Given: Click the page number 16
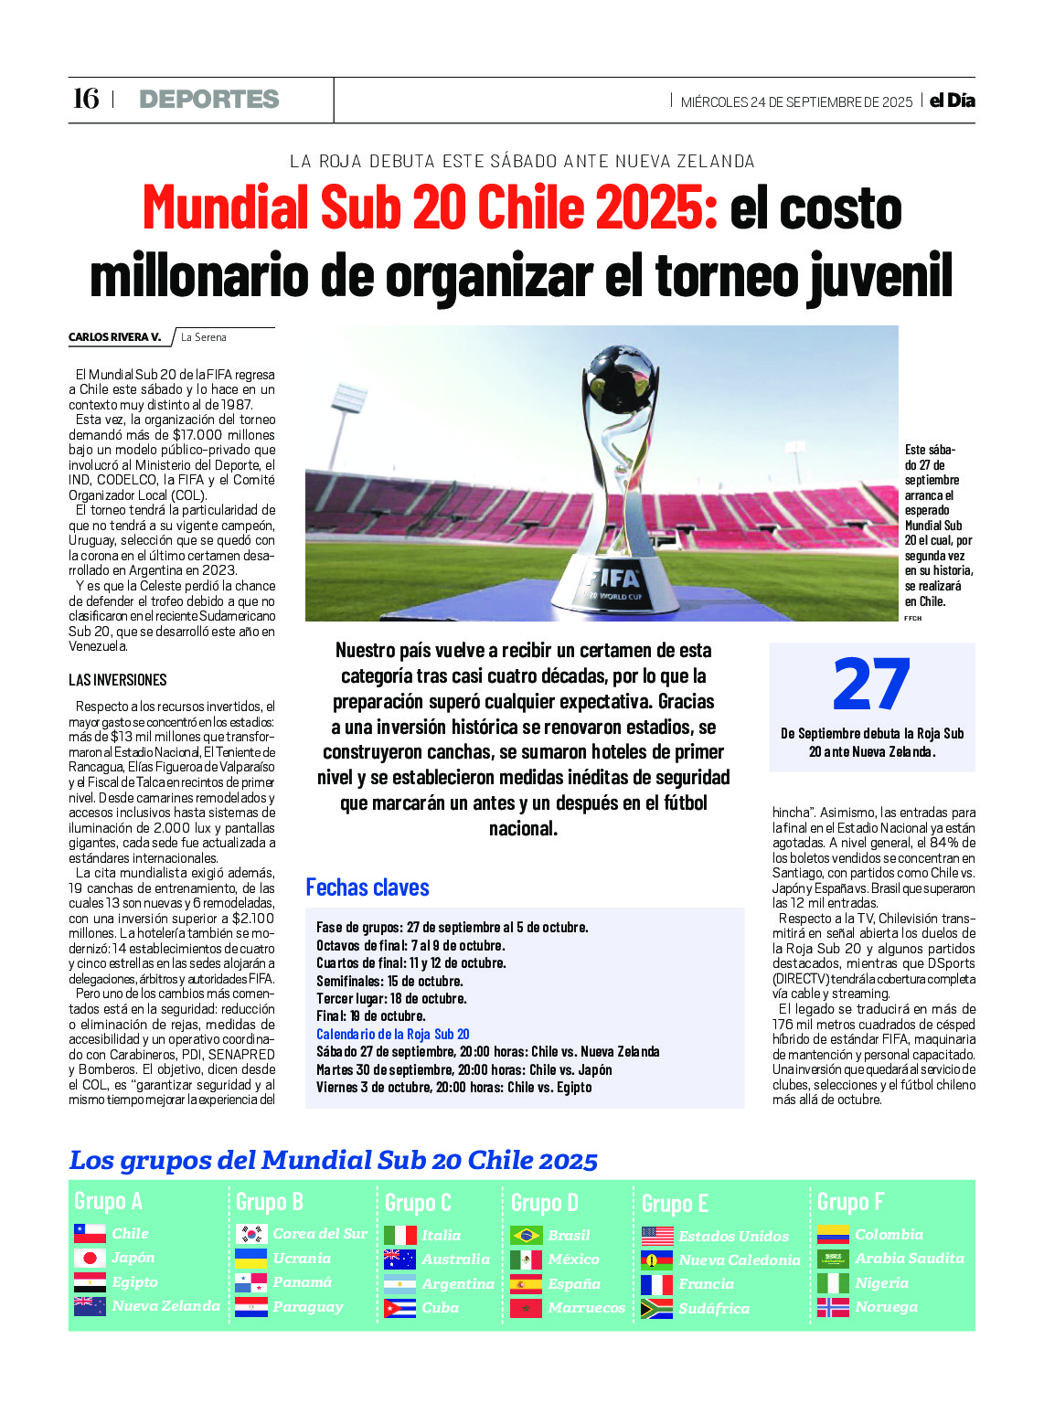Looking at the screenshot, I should (x=85, y=99).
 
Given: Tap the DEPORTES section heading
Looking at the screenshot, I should (x=209, y=100).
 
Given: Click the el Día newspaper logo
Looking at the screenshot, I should (x=952, y=101).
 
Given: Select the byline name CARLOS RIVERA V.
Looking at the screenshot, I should (x=114, y=337).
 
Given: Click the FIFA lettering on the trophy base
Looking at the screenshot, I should (x=615, y=578).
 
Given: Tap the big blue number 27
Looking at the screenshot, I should (x=871, y=685).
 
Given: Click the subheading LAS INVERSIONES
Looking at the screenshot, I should (x=118, y=680).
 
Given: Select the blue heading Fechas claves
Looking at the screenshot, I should (x=368, y=888).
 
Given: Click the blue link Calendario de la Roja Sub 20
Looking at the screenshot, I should (x=393, y=1034).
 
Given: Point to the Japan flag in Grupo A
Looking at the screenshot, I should (x=90, y=1258).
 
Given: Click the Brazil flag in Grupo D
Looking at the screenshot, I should (x=526, y=1236).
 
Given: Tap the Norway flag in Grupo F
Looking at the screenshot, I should (x=833, y=1307).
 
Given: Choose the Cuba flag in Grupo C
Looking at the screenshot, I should (x=399, y=1308).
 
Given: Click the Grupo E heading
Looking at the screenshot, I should (x=675, y=1203).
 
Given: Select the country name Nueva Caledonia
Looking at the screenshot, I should (x=740, y=1260).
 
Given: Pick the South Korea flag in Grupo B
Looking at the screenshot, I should (x=250, y=1234).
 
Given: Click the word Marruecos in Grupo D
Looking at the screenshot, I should (x=587, y=1308).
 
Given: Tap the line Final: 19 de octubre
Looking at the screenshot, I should (x=371, y=1015).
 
